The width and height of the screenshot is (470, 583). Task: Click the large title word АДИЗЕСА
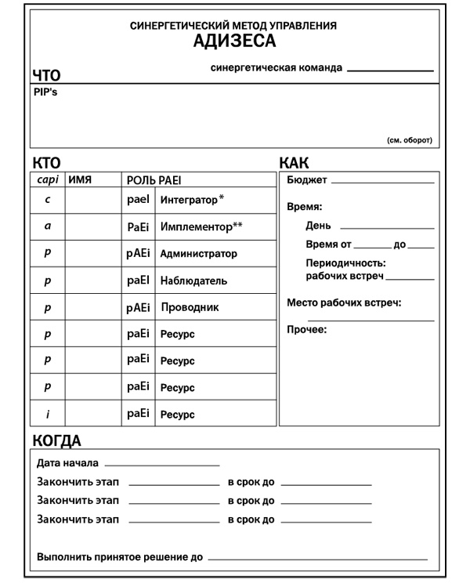point(234,42)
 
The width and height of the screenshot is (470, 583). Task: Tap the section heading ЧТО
point(46,76)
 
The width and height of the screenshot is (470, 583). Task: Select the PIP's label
point(45,92)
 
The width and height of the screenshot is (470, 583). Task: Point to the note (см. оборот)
point(409,140)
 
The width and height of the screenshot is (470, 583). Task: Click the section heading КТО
point(46,163)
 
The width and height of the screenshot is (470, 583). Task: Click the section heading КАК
point(294,163)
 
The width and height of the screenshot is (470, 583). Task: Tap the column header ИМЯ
point(81,180)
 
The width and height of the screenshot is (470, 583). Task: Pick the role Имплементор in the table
point(201,226)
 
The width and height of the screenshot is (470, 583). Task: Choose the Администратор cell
point(198,254)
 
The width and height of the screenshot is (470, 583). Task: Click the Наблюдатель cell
point(193,281)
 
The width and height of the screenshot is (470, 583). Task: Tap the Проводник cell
point(190,307)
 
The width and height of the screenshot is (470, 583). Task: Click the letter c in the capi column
point(48,200)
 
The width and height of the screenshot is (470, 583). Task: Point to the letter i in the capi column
point(48,413)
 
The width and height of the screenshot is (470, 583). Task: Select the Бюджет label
point(307,180)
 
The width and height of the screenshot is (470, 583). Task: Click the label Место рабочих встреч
point(344,302)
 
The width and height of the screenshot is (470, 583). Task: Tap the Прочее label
point(306,329)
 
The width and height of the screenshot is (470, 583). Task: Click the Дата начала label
point(67,463)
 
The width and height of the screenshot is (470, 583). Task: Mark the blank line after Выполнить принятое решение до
point(317,558)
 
